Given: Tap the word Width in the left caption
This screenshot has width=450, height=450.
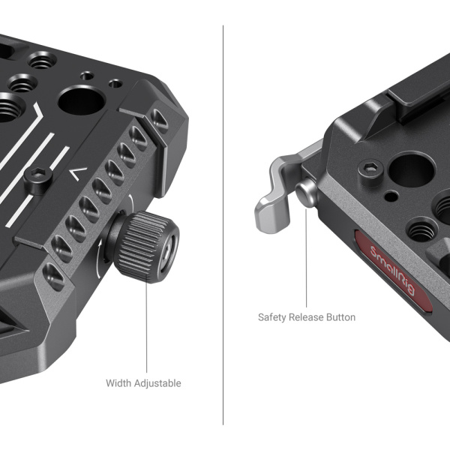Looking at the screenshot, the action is click(118, 383).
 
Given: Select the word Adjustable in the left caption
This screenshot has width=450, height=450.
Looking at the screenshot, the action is click(157, 383).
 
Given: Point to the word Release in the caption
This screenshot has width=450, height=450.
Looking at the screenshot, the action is click(307, 317).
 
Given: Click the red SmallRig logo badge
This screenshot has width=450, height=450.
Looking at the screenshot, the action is click(394, 271).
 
